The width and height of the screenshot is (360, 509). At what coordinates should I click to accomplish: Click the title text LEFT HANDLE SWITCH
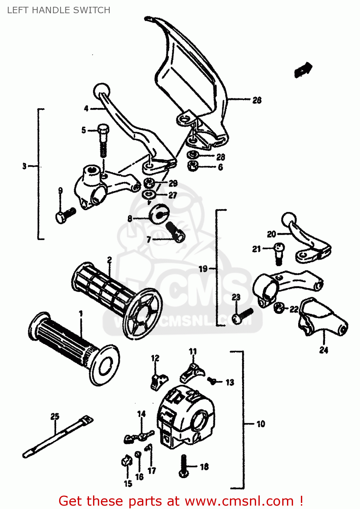tap(59, 10)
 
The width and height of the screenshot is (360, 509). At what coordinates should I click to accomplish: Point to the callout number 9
tap(60, 191)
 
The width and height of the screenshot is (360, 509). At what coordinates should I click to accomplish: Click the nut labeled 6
tap(193, 166)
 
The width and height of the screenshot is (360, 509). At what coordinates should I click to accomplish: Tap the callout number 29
tap(173, 184)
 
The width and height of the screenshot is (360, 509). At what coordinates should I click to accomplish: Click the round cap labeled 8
tap(158, 214)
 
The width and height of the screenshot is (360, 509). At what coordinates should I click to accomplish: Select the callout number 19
tap(203, 269)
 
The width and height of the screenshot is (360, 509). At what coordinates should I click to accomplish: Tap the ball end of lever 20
tap(289, 220)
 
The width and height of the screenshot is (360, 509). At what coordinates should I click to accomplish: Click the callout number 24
tap(324, 350)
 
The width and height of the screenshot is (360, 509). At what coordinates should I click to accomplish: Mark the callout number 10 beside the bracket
tap(260, 424)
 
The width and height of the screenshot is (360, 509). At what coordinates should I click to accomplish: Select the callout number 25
tap(55, 416)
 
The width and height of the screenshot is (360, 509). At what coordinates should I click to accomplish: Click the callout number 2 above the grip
tap(109, 260)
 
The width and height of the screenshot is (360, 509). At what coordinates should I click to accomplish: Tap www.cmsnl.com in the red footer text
tap(239, 501)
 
